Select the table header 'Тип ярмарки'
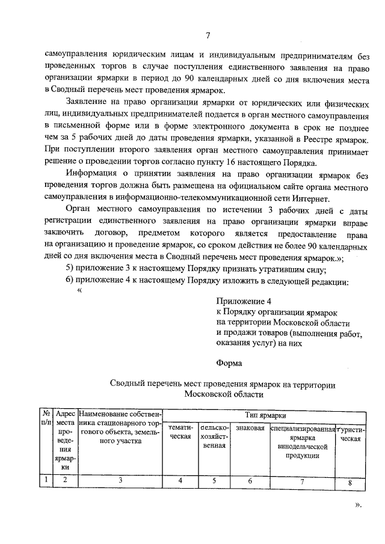pos(265,415)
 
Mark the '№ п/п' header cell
pos(46,419)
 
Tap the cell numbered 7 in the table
pos(302,481)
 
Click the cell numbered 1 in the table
pos(46,480)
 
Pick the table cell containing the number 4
pos(180,480)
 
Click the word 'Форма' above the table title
pos(229,363)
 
